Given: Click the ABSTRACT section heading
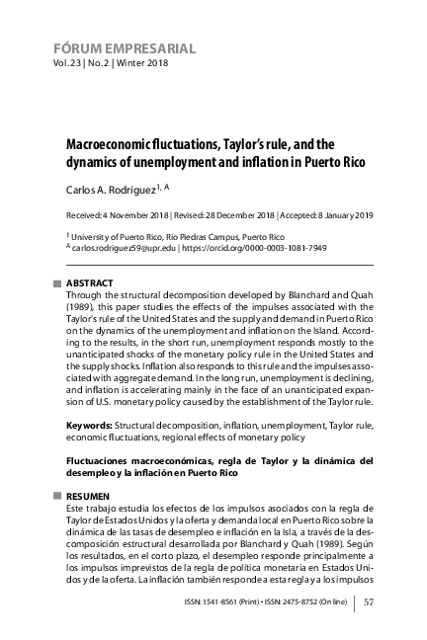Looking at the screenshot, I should [x=89, y=283].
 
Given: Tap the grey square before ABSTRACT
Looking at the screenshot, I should [x=57, y=283].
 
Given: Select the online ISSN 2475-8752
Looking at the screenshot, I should [x=314, y=600].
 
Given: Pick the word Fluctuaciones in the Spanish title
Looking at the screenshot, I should [x=105, y=460].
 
